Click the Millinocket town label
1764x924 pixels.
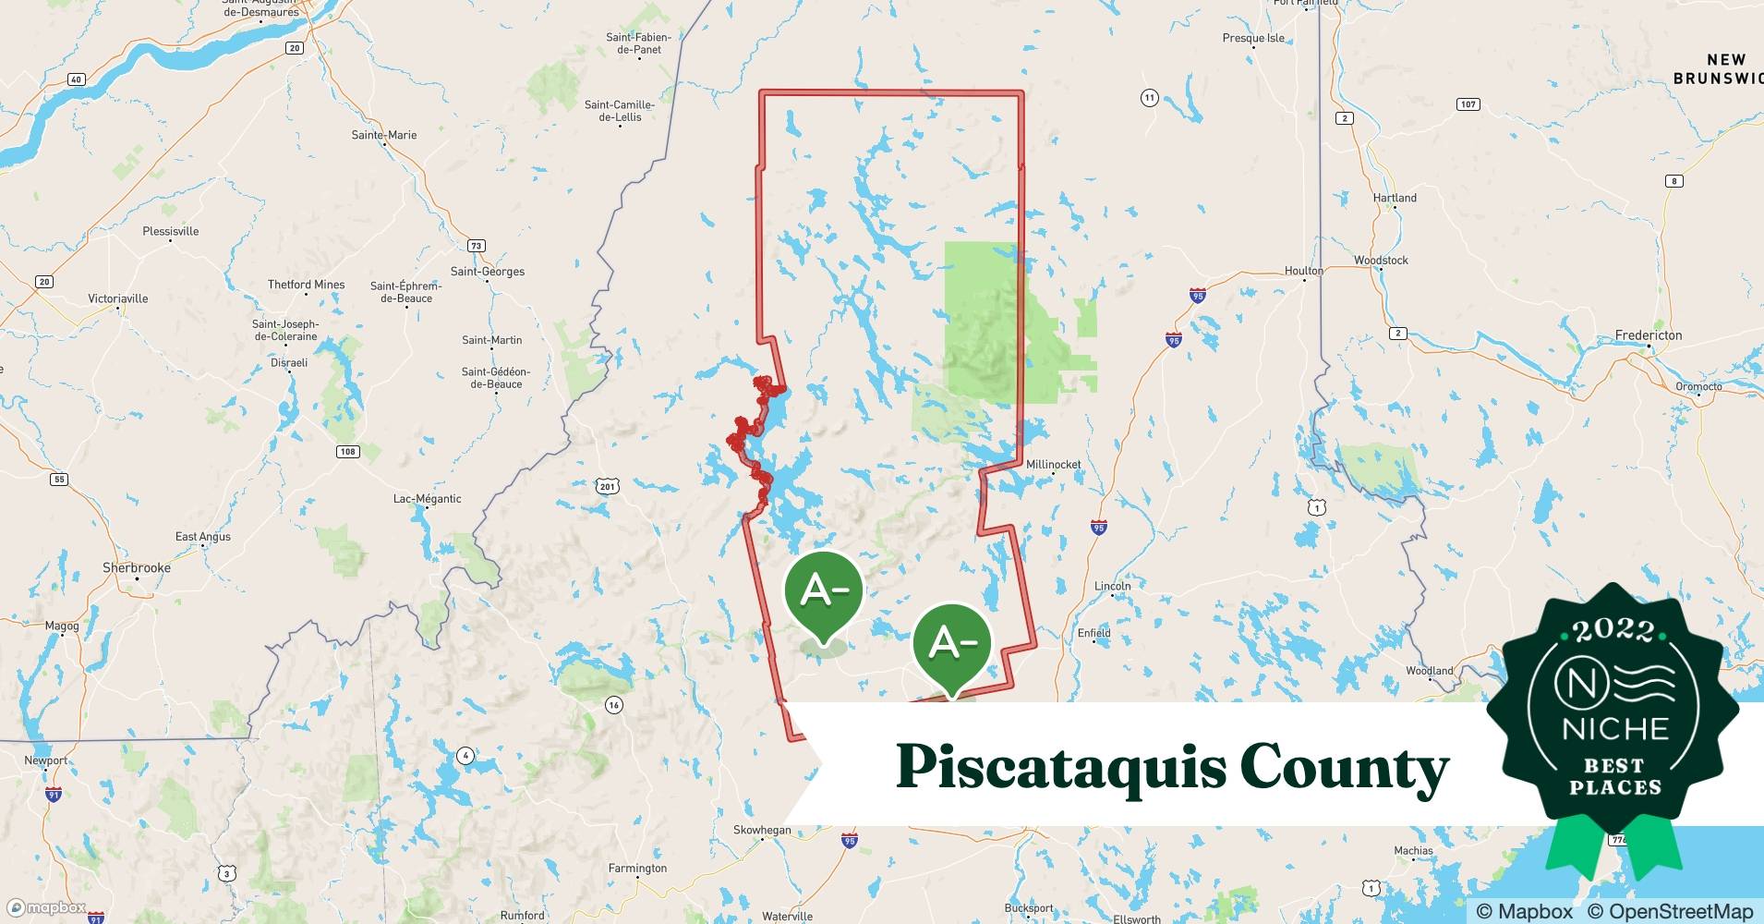[1053, 465]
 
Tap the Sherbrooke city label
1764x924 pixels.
[137, 568]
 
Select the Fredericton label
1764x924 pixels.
[1649, 335]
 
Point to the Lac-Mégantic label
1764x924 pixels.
[427, 499]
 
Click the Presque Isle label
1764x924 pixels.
[1253, 39]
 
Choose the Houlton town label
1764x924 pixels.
[1303, 271]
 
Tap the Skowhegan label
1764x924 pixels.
[762, 830]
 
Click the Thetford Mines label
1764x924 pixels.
[306, 285]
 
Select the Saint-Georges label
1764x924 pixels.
[487, 272]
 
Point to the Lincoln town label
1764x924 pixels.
[1112, 586]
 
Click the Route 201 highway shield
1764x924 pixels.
[607, 486]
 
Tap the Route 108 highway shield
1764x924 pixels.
[347, 452]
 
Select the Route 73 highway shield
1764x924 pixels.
[476, 246]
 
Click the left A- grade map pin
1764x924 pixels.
[823, 592]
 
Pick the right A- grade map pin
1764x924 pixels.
[951, 644]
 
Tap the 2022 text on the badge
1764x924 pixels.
[1614, 631]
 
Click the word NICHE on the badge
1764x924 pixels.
[1615, 729]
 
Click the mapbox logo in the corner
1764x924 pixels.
[46, 907]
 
